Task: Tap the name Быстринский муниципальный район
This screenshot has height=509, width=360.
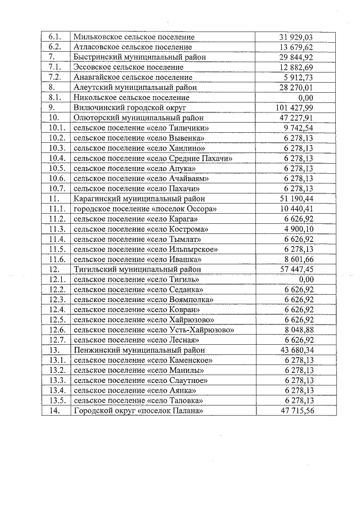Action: click(x=139, y=57)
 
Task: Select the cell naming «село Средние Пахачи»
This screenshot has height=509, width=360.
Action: click(x=153, y=158)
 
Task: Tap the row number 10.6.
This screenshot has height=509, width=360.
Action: click(x=57, y=178)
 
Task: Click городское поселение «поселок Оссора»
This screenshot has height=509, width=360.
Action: click(x=145, y=209)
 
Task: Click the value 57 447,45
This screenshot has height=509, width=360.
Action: click(x=295, y=269)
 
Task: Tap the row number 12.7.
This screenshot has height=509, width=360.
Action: click(x=57, y=340)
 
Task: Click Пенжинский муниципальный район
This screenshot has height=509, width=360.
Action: click(x=139, y=350)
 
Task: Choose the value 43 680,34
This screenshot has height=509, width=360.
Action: click(x=295, y=350)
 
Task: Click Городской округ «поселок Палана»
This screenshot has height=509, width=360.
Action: click(x=138, y=411)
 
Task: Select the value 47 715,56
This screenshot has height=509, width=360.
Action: click(x=295, y=411)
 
